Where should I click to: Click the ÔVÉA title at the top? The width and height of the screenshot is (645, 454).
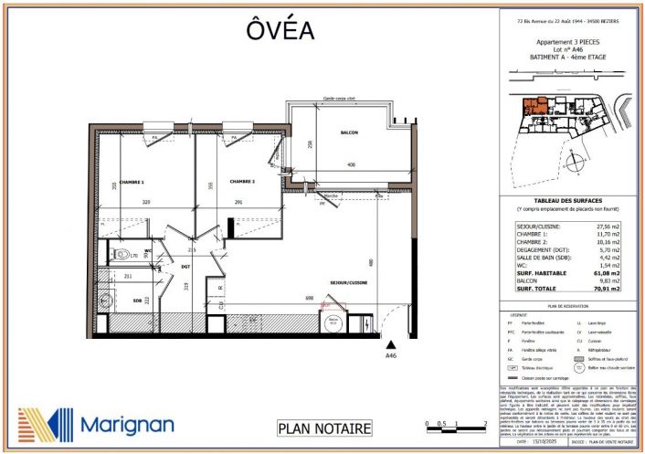point(280,29)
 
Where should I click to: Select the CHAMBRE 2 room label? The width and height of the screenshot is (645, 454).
point(242,181)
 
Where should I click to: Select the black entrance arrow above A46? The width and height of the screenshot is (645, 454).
point(390,344)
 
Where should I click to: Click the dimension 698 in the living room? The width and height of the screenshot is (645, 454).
point(310,299)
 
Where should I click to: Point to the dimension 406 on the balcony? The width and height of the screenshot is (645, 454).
point(351,165)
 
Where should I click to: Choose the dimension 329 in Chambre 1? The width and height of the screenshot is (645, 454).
point(144,202)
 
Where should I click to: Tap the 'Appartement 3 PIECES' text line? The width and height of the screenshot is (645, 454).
point(561,42)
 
